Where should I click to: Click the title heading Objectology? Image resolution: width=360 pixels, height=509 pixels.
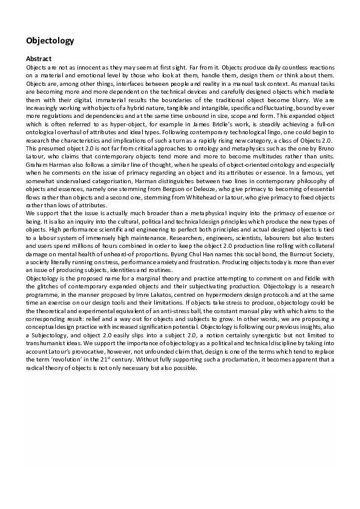50,41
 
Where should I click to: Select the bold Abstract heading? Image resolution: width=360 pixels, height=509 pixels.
38,59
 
